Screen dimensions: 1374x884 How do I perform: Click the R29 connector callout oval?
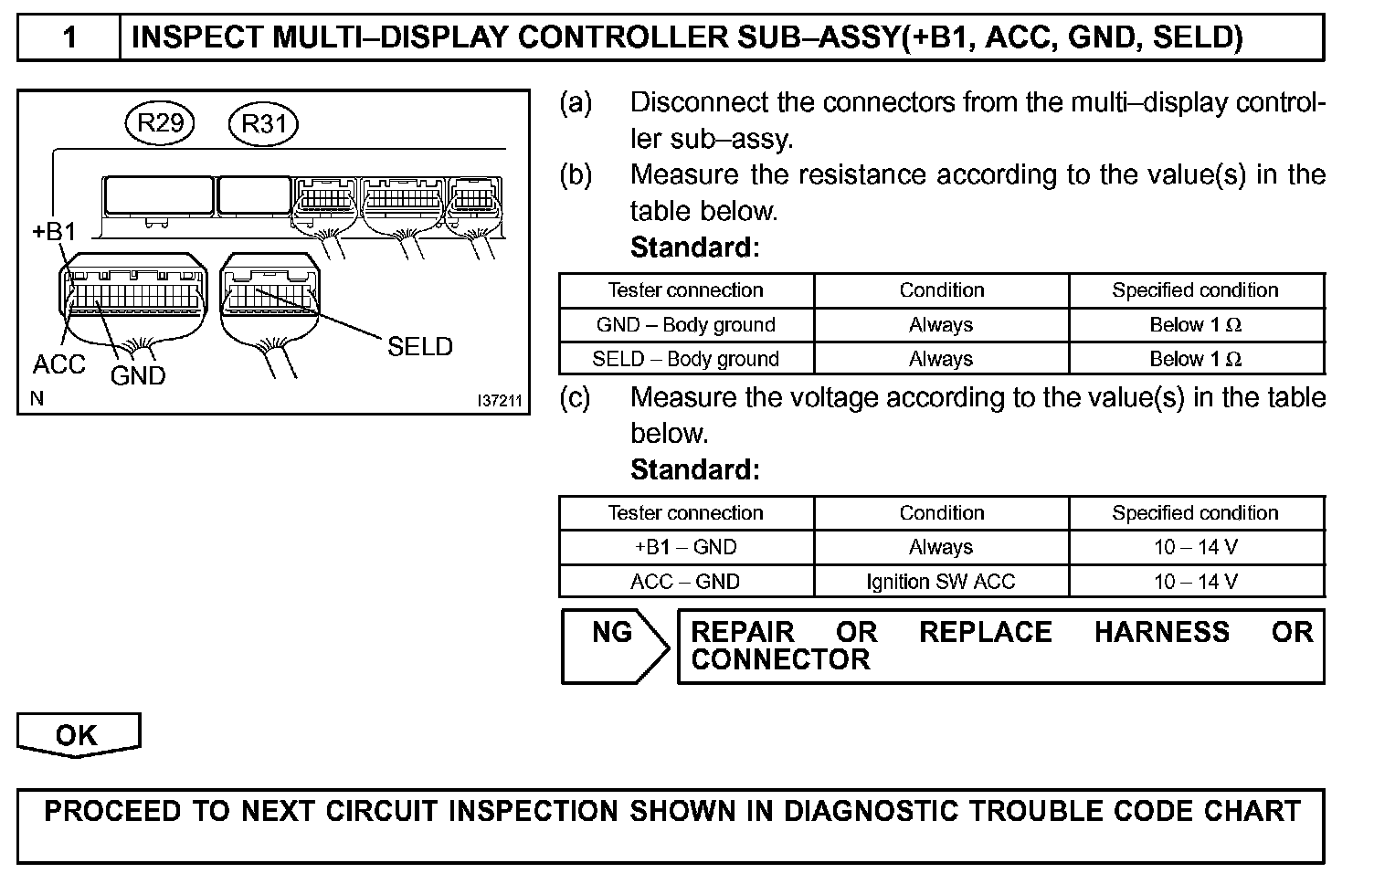pos(160,123)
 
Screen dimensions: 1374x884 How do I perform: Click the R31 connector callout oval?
pos(263,123)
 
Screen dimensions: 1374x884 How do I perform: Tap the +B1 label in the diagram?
pos(55,232)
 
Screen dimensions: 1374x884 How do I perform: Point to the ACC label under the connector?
pos(59,364)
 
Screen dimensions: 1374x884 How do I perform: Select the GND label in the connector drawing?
pos(138,375)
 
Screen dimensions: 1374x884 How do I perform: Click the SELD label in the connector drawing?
pos(419,347)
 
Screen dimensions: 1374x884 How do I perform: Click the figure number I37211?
pos(499,400)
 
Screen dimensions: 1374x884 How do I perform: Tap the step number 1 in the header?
pos(69,37)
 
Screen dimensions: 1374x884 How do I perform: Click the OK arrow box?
pos(78,735)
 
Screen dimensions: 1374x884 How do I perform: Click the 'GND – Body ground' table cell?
pos(686,325)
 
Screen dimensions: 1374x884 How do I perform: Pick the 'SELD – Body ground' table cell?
pos(686,359)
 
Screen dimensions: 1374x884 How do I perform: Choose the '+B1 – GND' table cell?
pos(686,547)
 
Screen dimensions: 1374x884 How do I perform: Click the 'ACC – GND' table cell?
pos(686,582)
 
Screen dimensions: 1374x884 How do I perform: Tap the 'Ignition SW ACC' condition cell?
pos(941,582)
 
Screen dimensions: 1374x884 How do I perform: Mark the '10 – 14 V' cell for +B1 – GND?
pos(1196,547)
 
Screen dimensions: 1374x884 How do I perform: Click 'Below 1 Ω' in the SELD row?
pos(1196,359)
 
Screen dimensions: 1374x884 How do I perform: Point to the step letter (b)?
pos(576,174)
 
